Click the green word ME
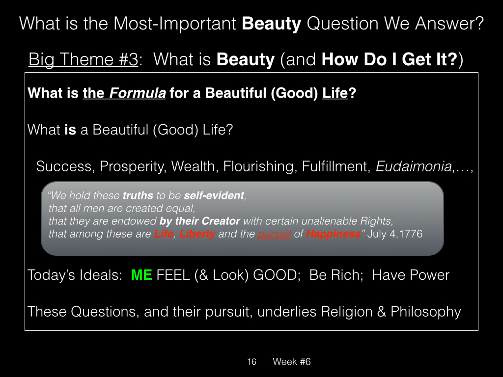tap(141, 275)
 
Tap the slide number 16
tap(252, 362)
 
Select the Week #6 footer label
tap(292, 362)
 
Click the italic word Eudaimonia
tap(414, 166)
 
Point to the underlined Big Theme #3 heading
tap(84, 59)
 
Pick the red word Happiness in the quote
tap(334, 234)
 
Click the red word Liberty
tap(197, 234)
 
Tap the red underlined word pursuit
tap(274, 234)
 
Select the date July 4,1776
tap(395, 234)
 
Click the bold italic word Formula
tap(138, 93)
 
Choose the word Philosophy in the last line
tap(426, 312)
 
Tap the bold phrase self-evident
tap(214, 195)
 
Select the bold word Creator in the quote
tap(221, 221)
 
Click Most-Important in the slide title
tap(175, 24)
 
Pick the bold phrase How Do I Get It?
tap(389, 59)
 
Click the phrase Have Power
tap(411, 275)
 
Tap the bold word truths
tap(138, 195)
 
